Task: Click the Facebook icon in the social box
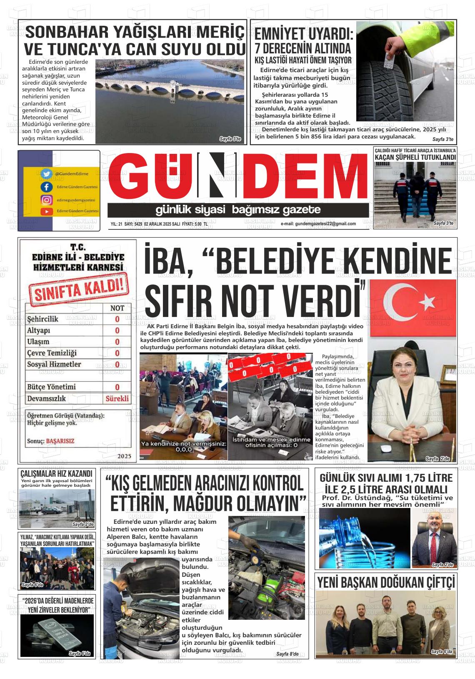pyautogui.click(x=47, y=187)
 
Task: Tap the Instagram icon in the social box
pyautogui.click(x=47, y=200)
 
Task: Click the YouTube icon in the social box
pyautogui.click(x=47, y=211)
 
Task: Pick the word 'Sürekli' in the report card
pyautogui.click(x=117, y=398)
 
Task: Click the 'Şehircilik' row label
pyautogui.click(x=42, y=319)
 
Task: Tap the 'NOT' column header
pyautogui.click(x=117, y=308)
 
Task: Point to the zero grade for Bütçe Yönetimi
pyautogui.click(x=117, y=387)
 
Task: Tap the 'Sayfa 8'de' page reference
pyautogui.click(x=287, y=654)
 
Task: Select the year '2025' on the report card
pyautogui.click(x=125, y=456)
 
